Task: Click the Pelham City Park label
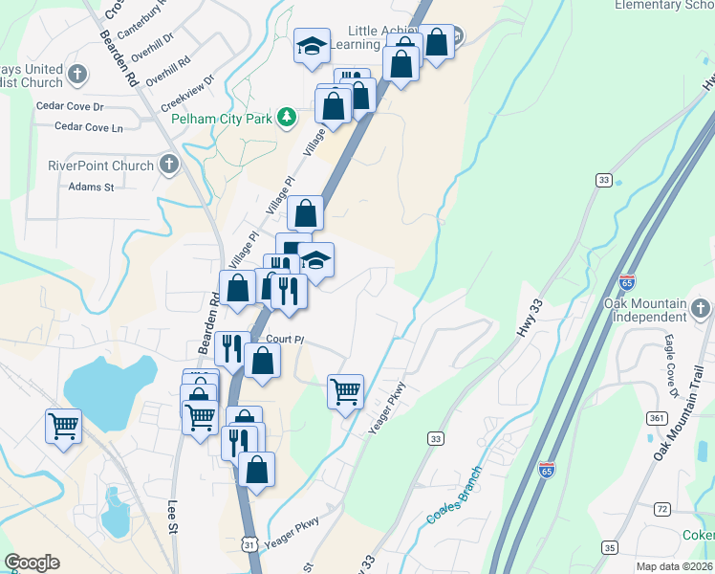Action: (222, 119)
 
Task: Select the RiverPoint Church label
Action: (101, 166)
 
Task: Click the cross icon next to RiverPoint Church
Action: (169, 165)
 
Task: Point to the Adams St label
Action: (91, 188)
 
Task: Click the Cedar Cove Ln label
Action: (89, 126)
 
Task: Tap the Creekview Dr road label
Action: (187, 85)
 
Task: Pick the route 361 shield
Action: (656, 418)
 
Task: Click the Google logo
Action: (32, 563)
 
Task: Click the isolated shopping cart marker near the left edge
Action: (64, 425)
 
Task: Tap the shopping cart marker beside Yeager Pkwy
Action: (345, 389)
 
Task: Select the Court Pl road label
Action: (285, 340)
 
